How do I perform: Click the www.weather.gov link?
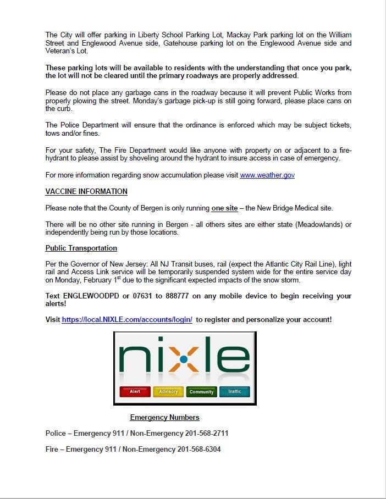point(267,175)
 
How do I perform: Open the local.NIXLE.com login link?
point(127,319)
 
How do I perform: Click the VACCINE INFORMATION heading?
point(86,191)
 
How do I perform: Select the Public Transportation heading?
point(81,248)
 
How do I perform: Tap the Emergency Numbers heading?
point(164,417)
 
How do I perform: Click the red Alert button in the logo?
point(135,391)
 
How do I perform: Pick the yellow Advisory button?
point(168,391)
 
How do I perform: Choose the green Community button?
point(201,391)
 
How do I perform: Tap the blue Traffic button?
point(234,391)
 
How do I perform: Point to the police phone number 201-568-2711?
point(203,433)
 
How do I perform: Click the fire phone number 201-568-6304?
point(199,449)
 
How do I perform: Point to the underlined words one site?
point(224,208)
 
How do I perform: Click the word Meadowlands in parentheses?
point(313,224)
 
